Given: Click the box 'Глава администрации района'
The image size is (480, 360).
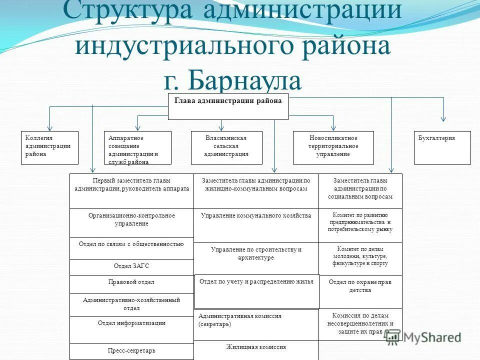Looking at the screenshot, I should coord(228,106).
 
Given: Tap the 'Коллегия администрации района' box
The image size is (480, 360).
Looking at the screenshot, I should coord(49,147).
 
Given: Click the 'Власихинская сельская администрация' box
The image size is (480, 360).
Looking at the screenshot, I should coord(226,147).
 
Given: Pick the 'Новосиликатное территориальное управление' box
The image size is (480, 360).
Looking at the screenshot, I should coord(333,147).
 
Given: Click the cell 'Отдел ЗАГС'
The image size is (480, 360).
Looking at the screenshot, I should coord(131,266).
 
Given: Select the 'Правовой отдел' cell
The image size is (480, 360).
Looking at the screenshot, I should coord(131,283).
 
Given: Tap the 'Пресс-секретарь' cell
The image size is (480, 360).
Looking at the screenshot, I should coord(131,351).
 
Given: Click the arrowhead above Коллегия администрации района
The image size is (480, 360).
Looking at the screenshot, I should coord(49,127).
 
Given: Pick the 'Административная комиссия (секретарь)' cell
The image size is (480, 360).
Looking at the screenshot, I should coord(256,324).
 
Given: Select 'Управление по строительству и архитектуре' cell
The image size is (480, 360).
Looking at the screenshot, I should coord(256,257).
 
